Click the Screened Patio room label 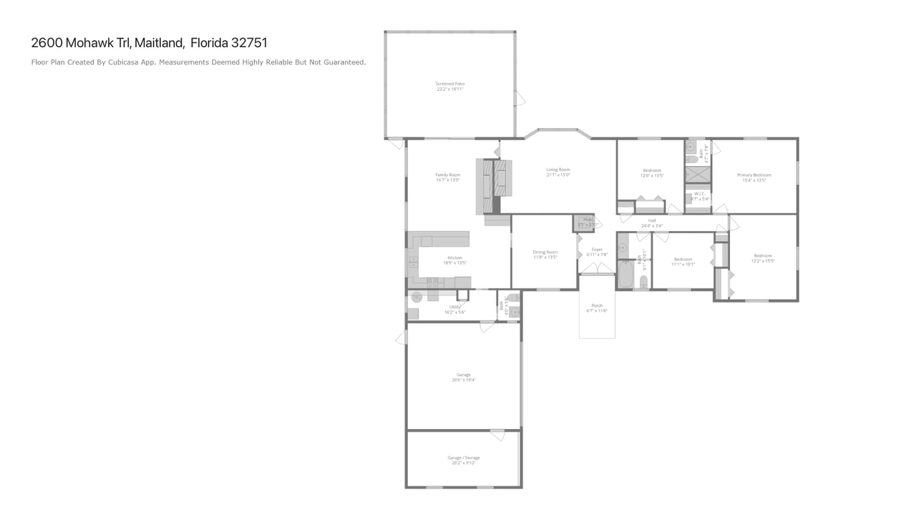(x=450, y=84)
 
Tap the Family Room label (x=448, y=175)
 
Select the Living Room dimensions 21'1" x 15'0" (x=558, y=175)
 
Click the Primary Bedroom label (x=757, y=175)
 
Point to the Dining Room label (x=545, y=252)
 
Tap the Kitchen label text (x=455, y=257)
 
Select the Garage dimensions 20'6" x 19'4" (x=464, y=380)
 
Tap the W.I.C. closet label (x=699, y=194)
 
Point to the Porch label (x=597, y=305)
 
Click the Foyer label (x=597, y=250)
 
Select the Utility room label (x=455, y=307)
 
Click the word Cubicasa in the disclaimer (x=125, y=62)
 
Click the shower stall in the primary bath (x=698, y=174)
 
